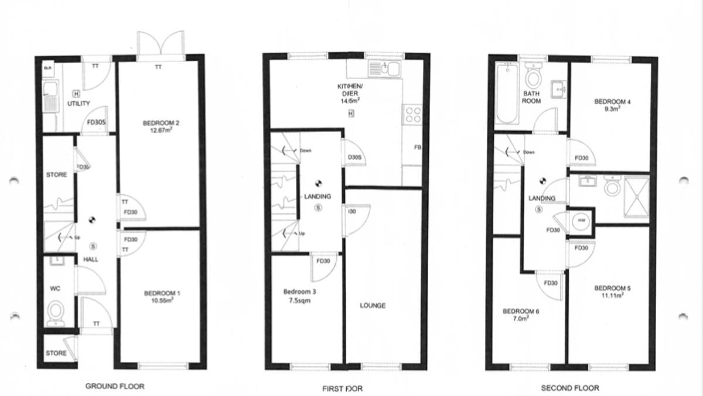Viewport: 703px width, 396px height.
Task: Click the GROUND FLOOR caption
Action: click(x=115, y=386)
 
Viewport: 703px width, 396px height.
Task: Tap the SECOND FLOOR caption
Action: click(x=570, y=387)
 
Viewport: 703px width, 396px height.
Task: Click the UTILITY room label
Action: click(x=79, y=104)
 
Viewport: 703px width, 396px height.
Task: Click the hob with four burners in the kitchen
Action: click(x=412, y=114)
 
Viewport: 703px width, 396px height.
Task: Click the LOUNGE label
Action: click(x=373, y=305)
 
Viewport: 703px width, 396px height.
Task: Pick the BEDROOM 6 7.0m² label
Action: click(x=521, y=315)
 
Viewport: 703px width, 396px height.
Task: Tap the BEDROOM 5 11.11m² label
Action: click(x=612, y=291)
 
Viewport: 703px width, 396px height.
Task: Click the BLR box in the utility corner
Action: click(x=48, y=68)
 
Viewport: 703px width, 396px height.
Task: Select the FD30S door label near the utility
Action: click(x=95, y=123)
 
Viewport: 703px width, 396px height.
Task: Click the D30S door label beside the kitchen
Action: click(x=354, y=157)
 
